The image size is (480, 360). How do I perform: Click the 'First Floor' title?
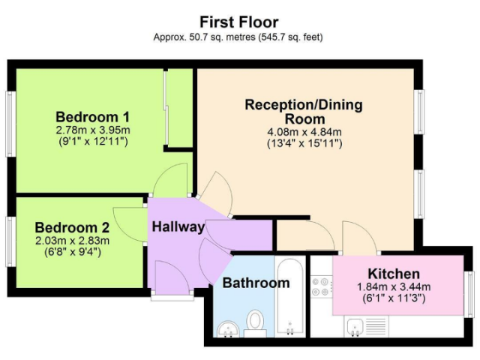pos(239,22)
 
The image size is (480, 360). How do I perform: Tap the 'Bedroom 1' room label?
pos(93,117)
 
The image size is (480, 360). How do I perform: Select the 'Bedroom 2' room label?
pos(72,227)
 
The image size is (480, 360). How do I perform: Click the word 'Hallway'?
pos(178,226)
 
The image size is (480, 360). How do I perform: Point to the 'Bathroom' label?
pos(256,283)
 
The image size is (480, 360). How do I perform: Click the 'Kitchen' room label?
pos(394,274)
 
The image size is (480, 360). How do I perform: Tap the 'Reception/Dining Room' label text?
pos(304,112)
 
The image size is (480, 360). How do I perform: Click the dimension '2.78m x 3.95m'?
pos(93,130)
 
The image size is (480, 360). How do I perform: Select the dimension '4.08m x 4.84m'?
pos(304,132)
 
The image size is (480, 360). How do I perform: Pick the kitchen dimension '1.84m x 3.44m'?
pos(394,286)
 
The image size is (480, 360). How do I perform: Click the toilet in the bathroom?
pos(255,322)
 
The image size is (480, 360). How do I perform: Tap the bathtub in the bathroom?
pos(290,297)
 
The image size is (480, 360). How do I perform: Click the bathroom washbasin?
pos(228,329)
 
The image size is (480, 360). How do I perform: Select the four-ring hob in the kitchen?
pos(321,287)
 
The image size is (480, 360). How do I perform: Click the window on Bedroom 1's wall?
pos(11,124)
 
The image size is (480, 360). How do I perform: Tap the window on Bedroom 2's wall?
pos(11,241)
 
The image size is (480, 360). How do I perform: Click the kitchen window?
pos(469,295)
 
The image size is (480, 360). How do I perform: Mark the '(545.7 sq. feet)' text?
pos(290,37)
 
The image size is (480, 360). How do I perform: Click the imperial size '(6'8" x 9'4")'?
pos(73,252)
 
